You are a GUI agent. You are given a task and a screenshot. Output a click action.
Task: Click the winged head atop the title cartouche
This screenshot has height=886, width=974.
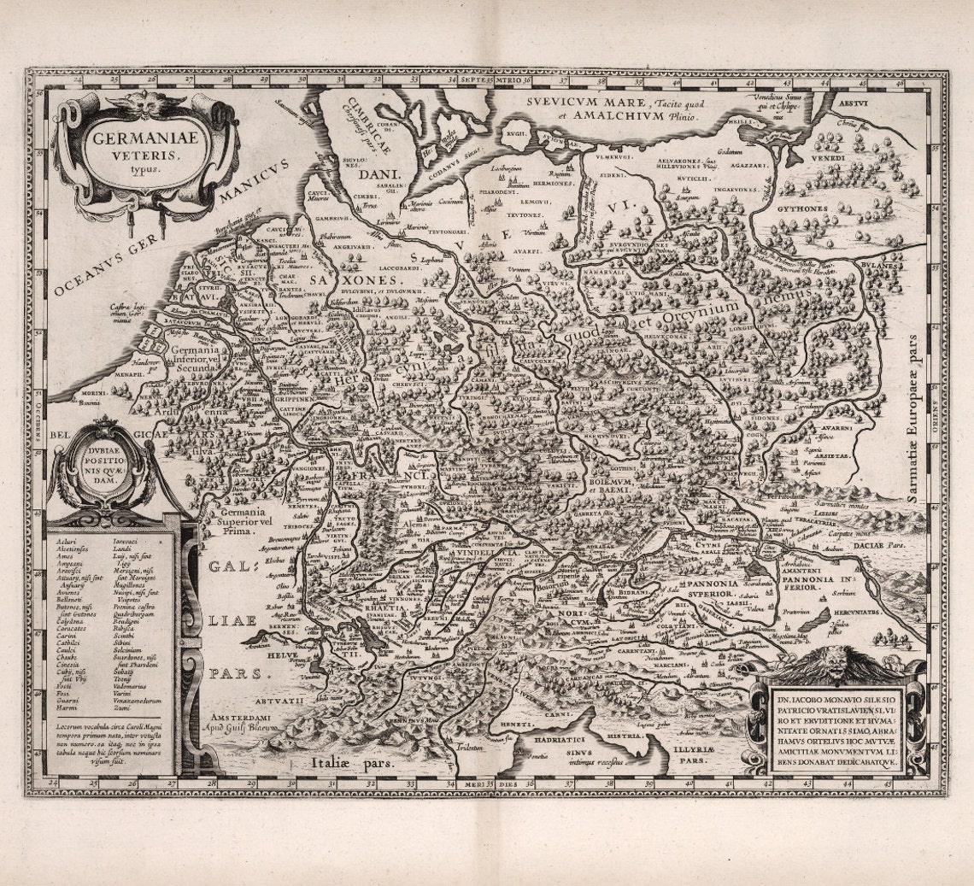pos(143,100)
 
